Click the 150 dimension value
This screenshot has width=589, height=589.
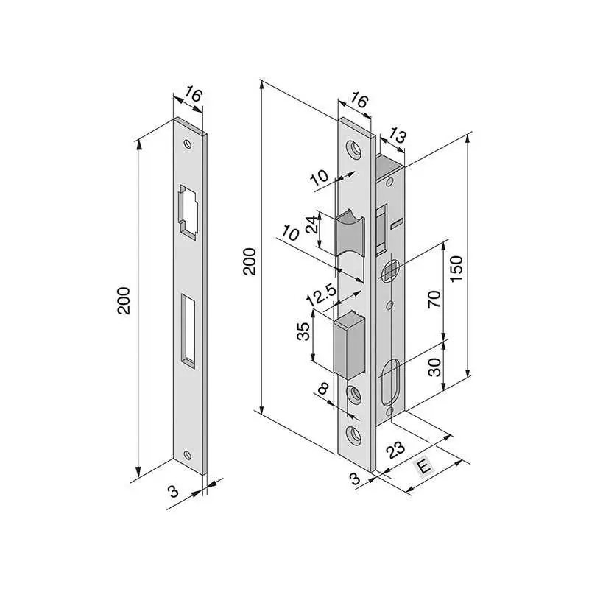pyautogui.click(x=456, y=269)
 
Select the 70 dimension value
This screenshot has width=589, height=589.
pyautogui.click(x=434, y=299)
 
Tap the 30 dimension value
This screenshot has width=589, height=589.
pyautogui.click(x=434, y=367)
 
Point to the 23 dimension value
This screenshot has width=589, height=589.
pyautogui.click(x=396, y=450)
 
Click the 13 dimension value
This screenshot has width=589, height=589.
pyautogui.click(x=397, y=135)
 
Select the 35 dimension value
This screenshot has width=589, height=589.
pyautogui.click(x=303, y=331)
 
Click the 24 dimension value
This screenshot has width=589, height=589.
pyautogui.click(x=311, y=225)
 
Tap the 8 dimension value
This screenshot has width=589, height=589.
pyautogui.click(x=322, y=389)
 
